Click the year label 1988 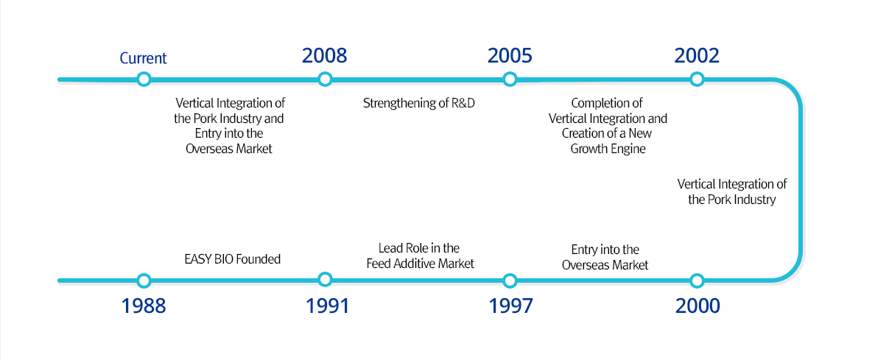pyautogui.click(x=144, y=306)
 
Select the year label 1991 pyautogui.click(x=327, y=306)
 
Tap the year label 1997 pyautogui.click(x=511, y=306)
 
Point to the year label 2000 pyautogui.click(x=697, y=306)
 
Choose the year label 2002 pyautogui.click(x=697, y=56)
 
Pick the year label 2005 pyautogui.click(x=510, y=56)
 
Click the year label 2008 pyautogui.click(x=324, y=56)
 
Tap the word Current pyautogui.click(x=144, y=58)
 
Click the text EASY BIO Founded pyautogui.click(x=232, y=259)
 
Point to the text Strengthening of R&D pyautogui.click(x=418, y=103)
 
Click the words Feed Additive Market pyautogui.click(x=421, y=264)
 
